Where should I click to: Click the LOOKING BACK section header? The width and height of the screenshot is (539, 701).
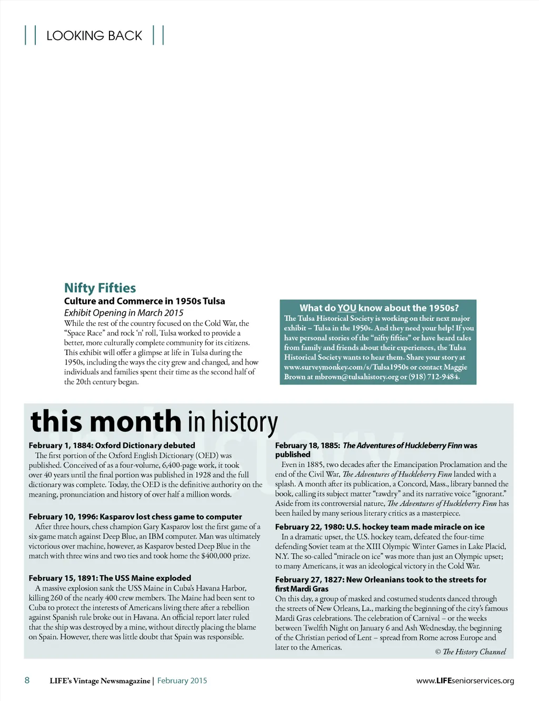pyautogui.click(x=94, y=36)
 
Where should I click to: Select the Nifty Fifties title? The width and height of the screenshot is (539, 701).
pyautogui.click(x=100, y=288)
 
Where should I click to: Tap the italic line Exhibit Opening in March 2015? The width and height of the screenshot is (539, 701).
pyautogui.click(x=124, y=312)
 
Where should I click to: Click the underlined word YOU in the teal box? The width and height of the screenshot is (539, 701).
pyautogui.click(x=347, y=308)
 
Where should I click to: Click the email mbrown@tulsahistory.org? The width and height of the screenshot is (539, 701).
pyautogui.click(x=356, y=377)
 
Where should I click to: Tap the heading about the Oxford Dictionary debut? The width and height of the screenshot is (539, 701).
pyautogui.click(x=112, y=445)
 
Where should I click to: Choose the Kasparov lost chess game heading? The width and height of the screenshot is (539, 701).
pyautogui.click(x=135, y=517)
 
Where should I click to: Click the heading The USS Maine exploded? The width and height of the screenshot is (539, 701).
pyautogui.click(x=109, y=578)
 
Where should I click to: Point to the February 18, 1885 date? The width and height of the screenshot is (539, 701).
pyautogui.click(x=307, y=445)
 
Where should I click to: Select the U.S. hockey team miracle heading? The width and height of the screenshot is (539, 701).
pyautogui.click(x=380, y=527)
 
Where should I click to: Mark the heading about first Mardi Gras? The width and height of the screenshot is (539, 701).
pyautogui.click(x=381, y=584)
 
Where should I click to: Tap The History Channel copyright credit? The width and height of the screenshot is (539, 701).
pyautogui.click(x=471, y=652)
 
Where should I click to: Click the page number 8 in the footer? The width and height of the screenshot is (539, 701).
pyautogui.click(x=27, y=680)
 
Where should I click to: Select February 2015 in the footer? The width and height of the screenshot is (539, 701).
pyautogui.click(x=182, y=680)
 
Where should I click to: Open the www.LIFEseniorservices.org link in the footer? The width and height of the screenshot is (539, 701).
pyautogui.click(x=465, y=680)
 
